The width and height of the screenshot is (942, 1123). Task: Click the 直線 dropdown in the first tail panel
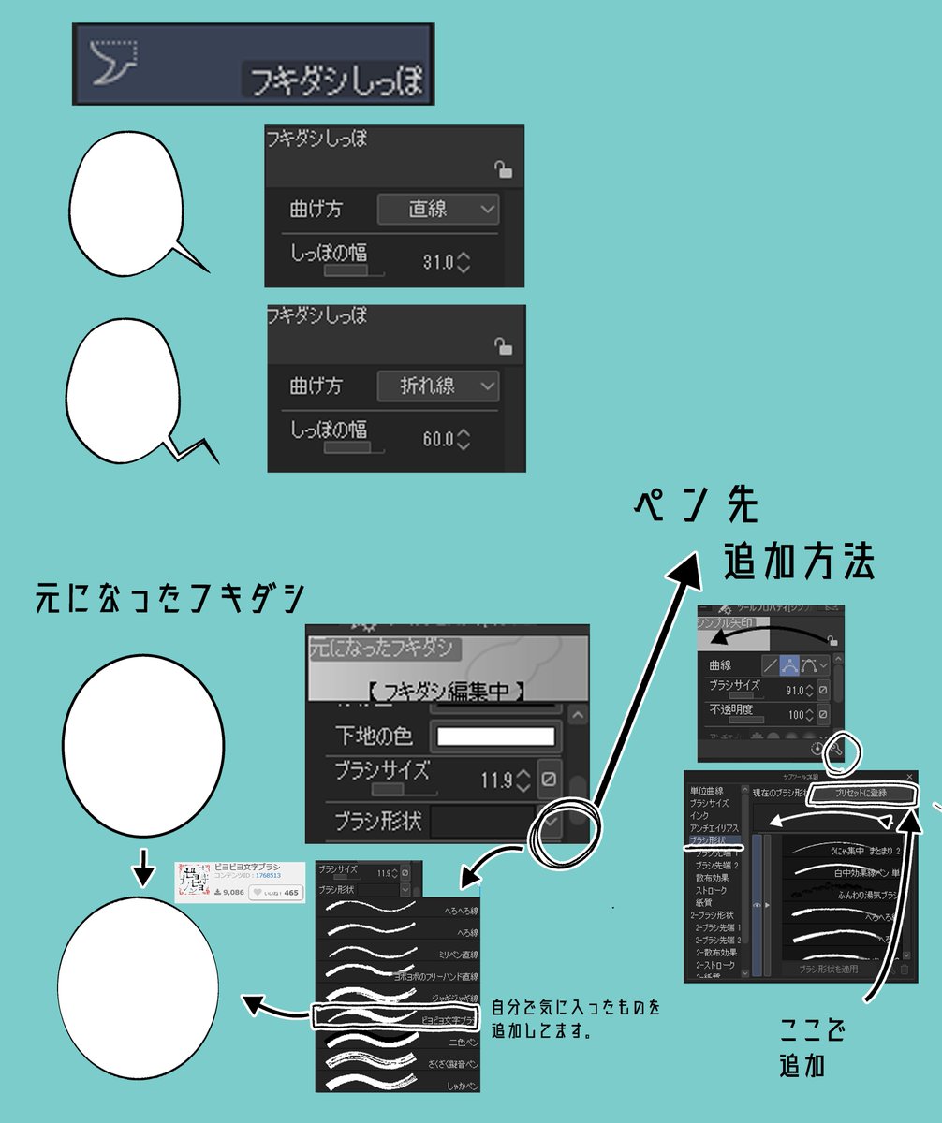pos(437,209)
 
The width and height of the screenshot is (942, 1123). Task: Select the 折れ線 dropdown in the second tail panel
pos(437,386)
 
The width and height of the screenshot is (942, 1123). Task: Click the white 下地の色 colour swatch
pos(495,736)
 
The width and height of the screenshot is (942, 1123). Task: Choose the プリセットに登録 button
pos(861,794)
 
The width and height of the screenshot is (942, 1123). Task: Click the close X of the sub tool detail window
pos(909,777)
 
